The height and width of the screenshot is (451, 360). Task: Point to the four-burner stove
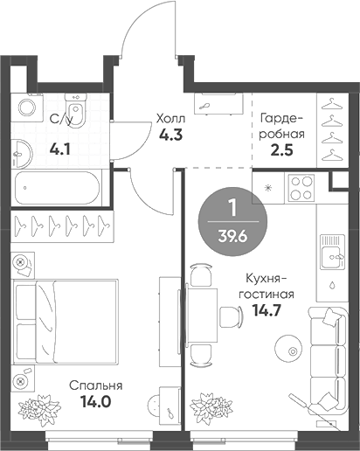tap(301, 191)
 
